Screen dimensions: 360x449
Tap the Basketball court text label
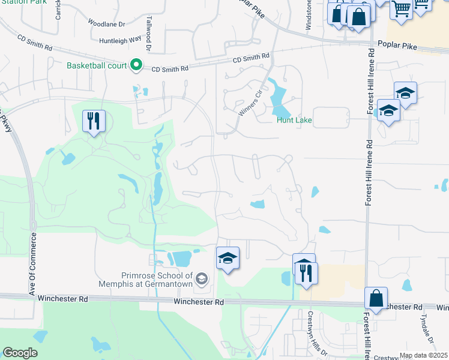coord(98,65)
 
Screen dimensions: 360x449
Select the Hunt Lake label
coord(294,120)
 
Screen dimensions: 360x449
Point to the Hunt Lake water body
coord(279,100)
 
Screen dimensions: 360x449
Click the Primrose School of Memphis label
coord(148,279)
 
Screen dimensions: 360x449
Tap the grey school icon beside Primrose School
coord(202,278)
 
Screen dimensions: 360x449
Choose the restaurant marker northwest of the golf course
coord(94,121)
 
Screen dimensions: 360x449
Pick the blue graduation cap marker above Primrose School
coord(228,259)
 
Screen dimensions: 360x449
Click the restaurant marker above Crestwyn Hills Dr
coord(307,273)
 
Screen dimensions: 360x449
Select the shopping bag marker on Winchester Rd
coord(376,298)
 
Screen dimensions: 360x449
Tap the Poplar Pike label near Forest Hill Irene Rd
coord(398,44)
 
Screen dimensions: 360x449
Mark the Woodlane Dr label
coord(106,24)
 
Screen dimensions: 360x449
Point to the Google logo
coord(20,353)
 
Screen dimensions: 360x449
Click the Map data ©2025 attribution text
coord(423,355)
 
